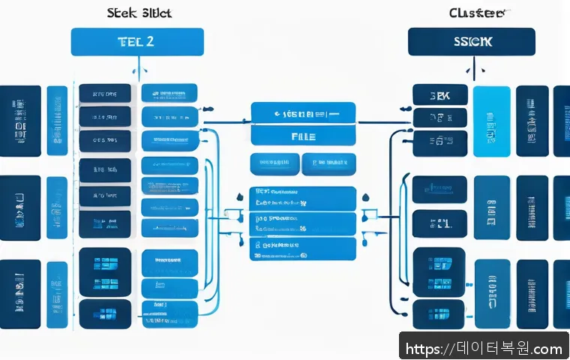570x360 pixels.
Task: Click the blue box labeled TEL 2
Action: (137, 42)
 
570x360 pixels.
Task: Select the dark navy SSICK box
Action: (471, 42)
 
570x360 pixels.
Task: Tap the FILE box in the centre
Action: (303, 136)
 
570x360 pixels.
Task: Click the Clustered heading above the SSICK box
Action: (475, 13)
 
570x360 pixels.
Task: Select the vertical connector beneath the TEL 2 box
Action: (137, 70)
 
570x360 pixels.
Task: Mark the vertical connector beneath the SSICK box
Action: (472, 70)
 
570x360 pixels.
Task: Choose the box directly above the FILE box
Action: (303, 113)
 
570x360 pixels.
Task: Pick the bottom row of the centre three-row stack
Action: (303, 248)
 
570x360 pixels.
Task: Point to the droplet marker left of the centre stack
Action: (239, 196)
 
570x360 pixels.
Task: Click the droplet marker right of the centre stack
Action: (365, 196)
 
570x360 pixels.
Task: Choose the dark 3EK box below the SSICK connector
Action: (439, 94)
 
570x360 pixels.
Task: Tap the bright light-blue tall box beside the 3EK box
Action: (490, 121)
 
